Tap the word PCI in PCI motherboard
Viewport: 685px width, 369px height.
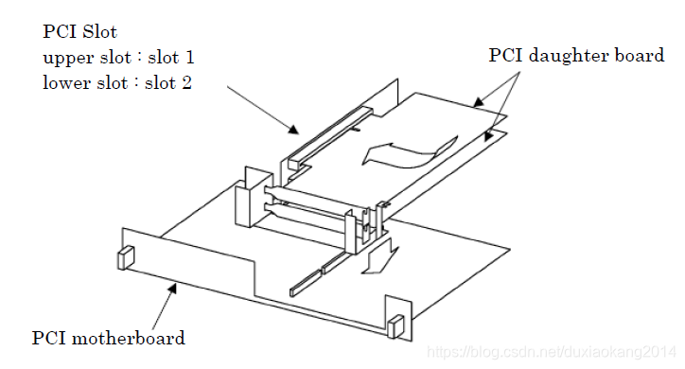click(48, 338)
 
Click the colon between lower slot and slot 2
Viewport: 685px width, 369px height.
click(137, 83)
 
